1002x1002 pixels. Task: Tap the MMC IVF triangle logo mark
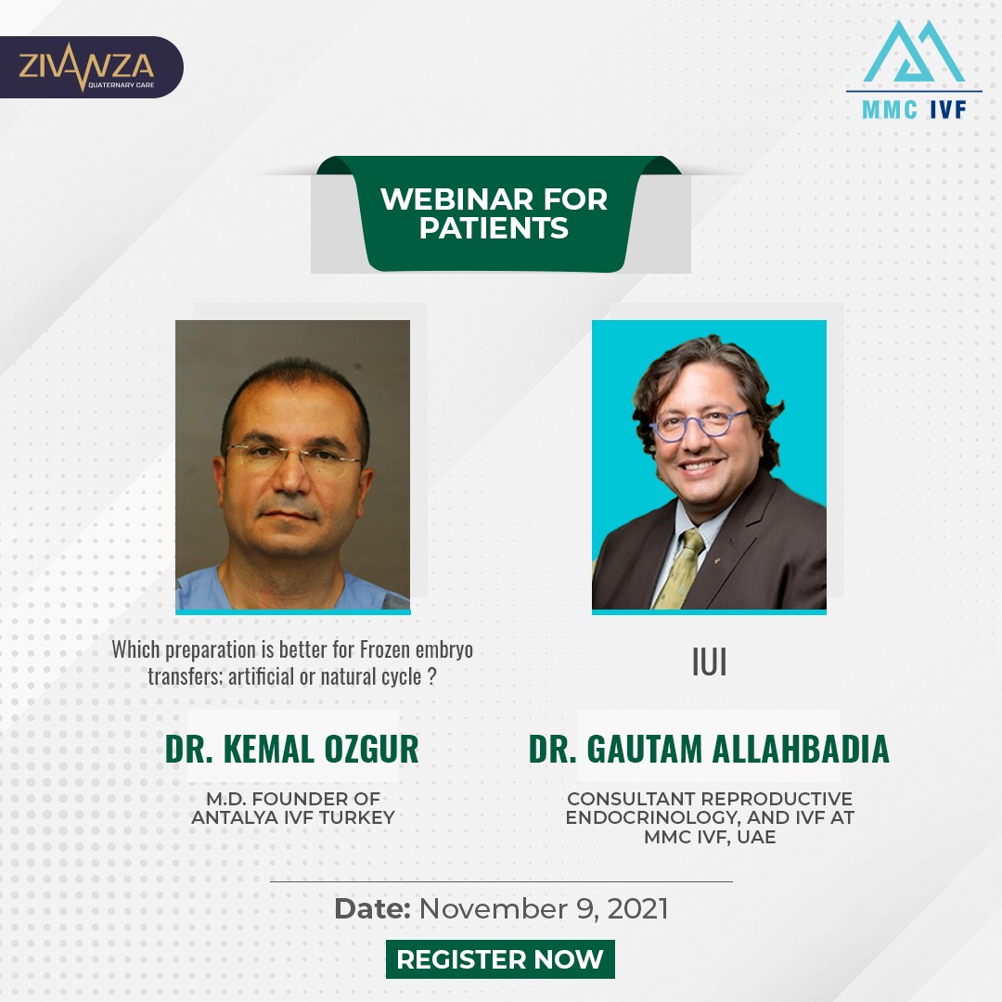pos(913,51)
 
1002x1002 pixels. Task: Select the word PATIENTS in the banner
pos(494,228)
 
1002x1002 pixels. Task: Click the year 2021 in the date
pos(637,908)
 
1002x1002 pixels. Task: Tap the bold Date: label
pos(372,908)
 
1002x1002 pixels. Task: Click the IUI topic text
pos(710,662)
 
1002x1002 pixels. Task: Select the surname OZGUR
pos(371,749)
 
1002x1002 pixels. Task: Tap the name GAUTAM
pos(644,749)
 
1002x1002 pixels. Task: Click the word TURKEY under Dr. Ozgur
pos(356,817)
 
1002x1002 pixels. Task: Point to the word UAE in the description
pos(756,837)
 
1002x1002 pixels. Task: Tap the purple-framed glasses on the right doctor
pos(698,424)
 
